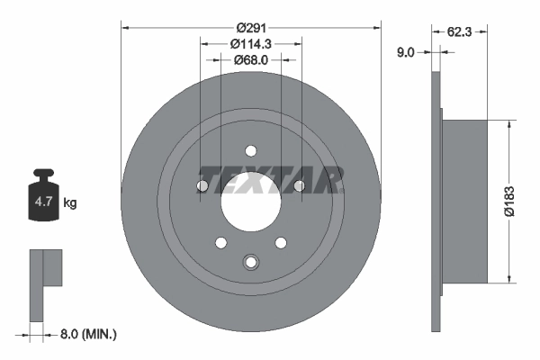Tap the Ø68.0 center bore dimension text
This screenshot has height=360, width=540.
tap(250, 60)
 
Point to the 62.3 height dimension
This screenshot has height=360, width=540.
tap(460, 31)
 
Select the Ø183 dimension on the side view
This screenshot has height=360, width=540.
tap(509, 202)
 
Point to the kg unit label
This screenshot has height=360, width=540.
tap(70, 203)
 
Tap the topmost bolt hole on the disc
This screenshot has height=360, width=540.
tap(250, 150)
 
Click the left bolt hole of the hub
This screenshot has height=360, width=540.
tap(202, 186)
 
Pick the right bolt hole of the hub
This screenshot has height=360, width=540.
tap(299, 186)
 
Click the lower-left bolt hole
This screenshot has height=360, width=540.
tap(220, 242)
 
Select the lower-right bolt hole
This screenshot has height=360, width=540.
tap(281, 242)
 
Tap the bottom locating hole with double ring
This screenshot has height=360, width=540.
tap(250, 263)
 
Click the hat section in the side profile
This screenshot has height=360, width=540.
tap(464, 202)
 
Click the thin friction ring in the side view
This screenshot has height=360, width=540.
tap(436, 202)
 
